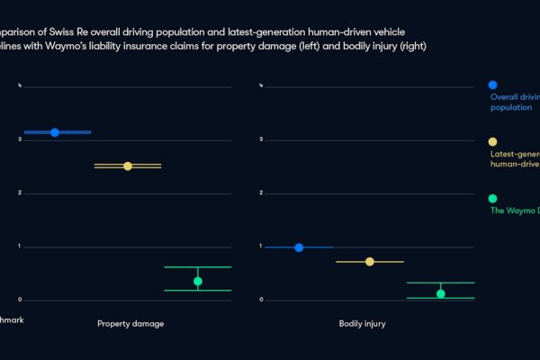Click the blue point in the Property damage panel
pos(55,132)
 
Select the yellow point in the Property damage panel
pos(127,166)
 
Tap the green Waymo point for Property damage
pos(198,281)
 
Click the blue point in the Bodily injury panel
pos(299,247)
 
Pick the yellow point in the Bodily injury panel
pos(369,261)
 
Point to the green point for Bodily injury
pos(440,293)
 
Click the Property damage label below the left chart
pos(130,323)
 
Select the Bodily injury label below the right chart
pos(362,323)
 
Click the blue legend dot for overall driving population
pos(491,85)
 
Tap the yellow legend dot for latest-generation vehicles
pos(491,141)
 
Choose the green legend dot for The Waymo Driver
pos(491,198)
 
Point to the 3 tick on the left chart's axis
pos(20,139)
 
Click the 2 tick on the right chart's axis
pos(261,193)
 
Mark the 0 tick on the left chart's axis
pos(20,300)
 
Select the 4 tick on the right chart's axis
pos(261,86)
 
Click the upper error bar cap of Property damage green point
pos(198,267)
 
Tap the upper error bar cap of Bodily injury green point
pos(440,283)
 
